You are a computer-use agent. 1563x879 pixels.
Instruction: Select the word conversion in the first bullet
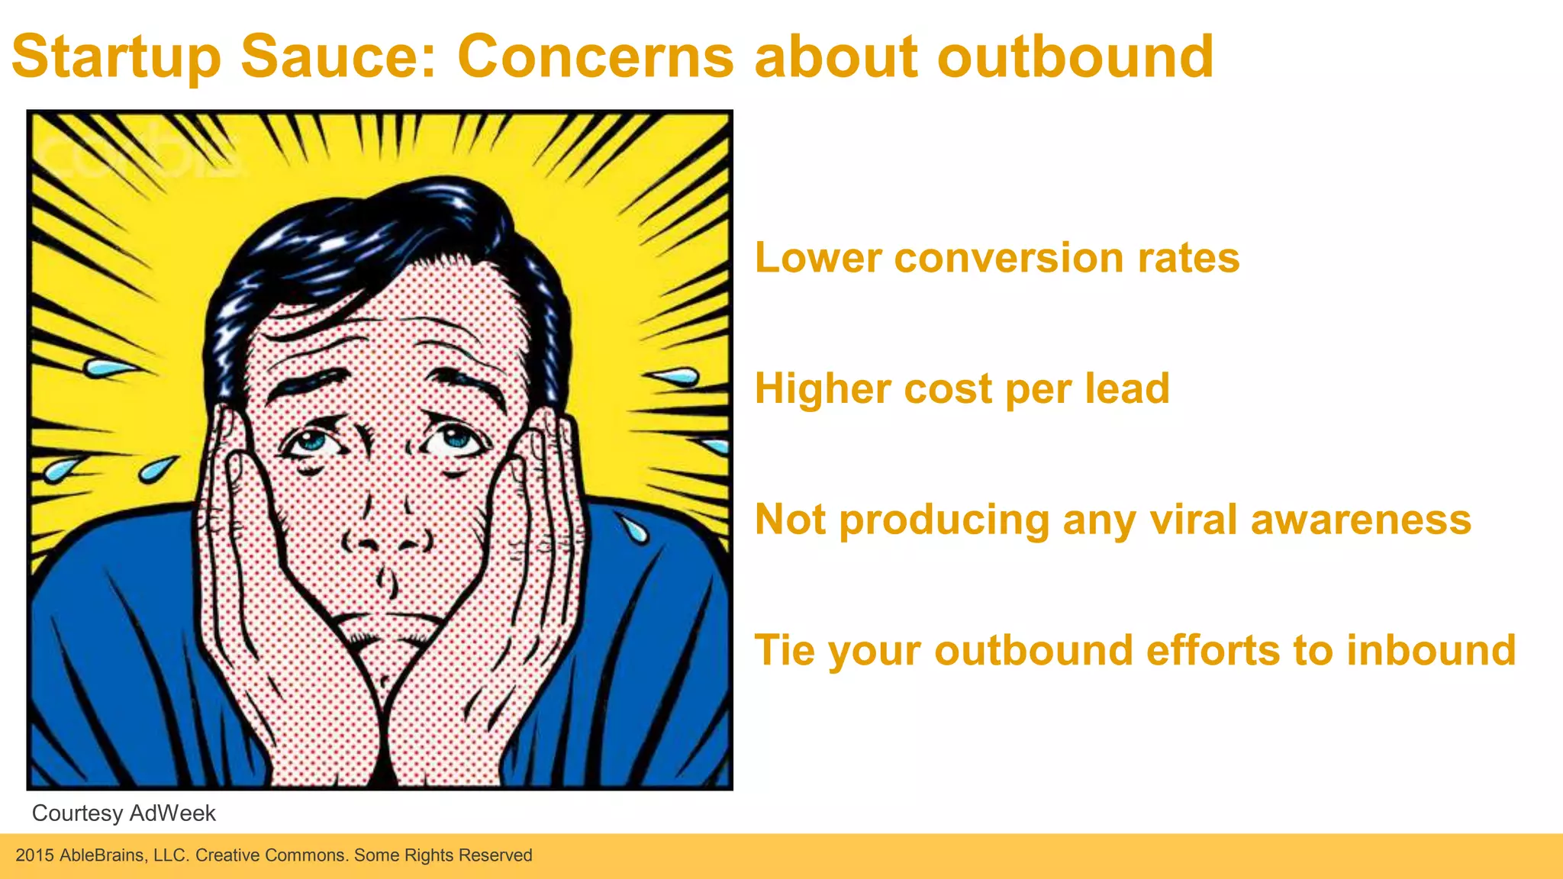point(1009,258)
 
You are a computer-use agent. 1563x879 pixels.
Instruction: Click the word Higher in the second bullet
point(822,389)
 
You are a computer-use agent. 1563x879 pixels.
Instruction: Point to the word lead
point(1127,389)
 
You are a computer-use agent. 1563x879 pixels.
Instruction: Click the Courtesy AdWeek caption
point(124,813)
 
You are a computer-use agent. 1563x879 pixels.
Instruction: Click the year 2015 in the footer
point(34,855)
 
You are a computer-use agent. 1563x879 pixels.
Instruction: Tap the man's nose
point(385,534)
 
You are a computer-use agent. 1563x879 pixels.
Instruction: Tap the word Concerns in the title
point(595,56)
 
